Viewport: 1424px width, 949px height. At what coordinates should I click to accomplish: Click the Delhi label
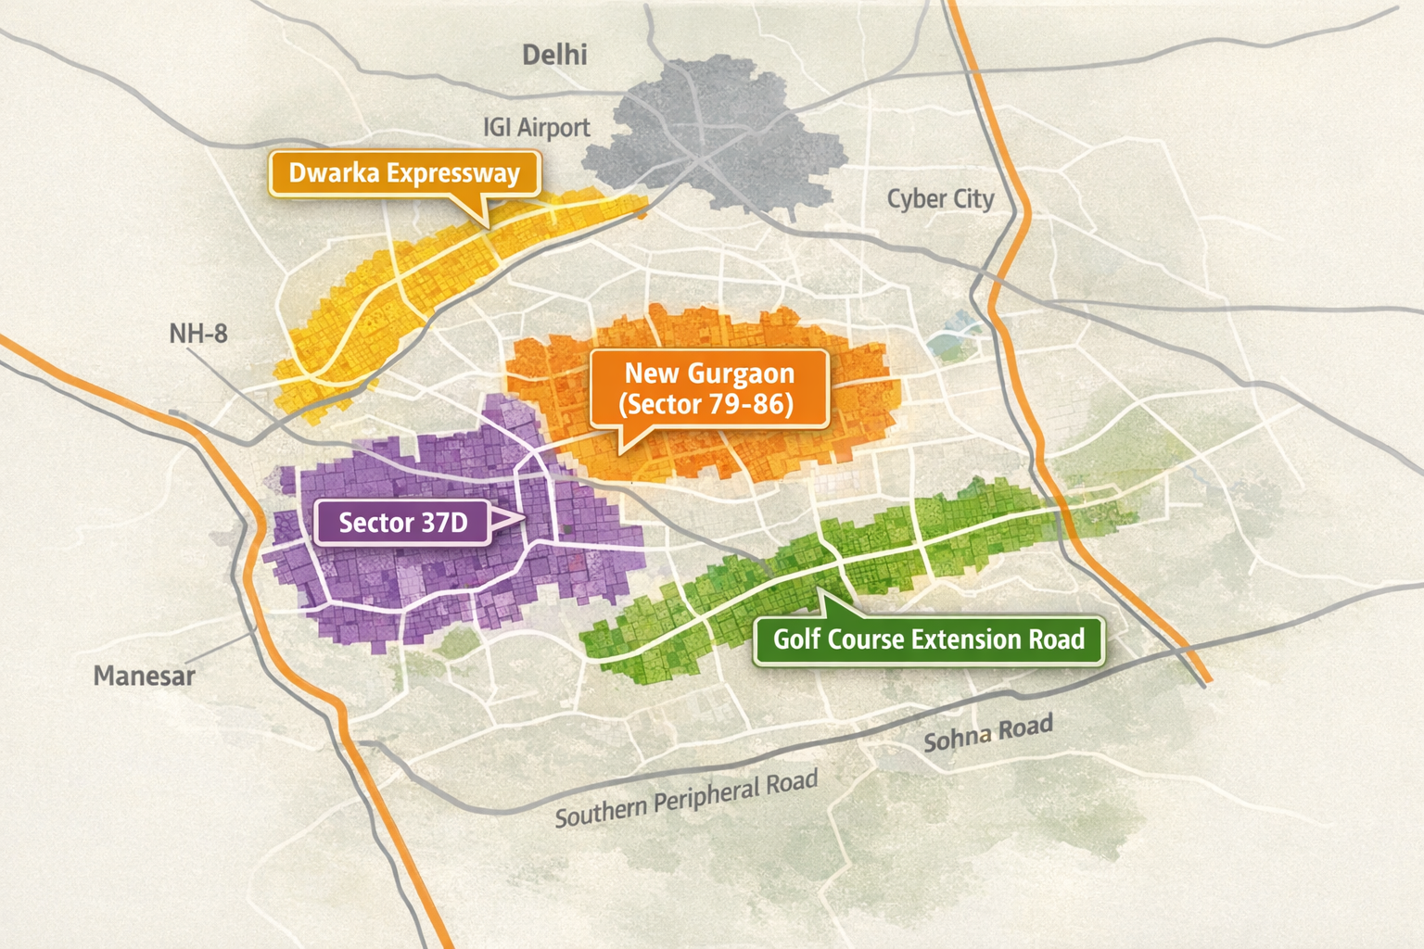tap(554, 55)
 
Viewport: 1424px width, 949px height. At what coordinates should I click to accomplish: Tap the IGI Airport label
tap(536, 127)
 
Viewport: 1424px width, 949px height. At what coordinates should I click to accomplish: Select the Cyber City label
tap(940, 199)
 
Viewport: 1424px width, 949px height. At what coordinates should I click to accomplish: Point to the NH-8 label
tap(197, 334)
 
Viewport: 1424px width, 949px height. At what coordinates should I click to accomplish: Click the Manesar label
tap(144, 676)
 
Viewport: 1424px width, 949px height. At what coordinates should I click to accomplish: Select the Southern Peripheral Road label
tap(686, 800)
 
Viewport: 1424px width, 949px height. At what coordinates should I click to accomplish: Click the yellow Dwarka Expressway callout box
tap(404, 173)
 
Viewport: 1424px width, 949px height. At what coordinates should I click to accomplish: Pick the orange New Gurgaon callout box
tap(708, 388)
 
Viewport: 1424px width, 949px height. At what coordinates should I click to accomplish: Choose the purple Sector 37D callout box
tap(402, 523)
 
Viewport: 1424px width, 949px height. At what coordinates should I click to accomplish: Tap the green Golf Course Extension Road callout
tap(928, 639)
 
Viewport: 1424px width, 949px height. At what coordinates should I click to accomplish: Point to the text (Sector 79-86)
tap(706, 405)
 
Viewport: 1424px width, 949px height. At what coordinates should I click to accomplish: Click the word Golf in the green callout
tap(796, 639)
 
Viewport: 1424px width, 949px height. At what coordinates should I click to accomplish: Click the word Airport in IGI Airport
tap(553, 127)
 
